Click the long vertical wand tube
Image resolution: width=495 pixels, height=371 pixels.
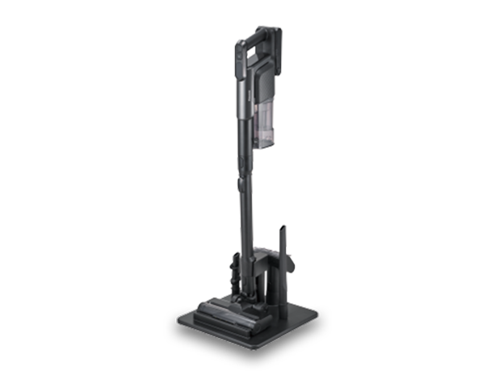pyautogui.click(x=243, y=161)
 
